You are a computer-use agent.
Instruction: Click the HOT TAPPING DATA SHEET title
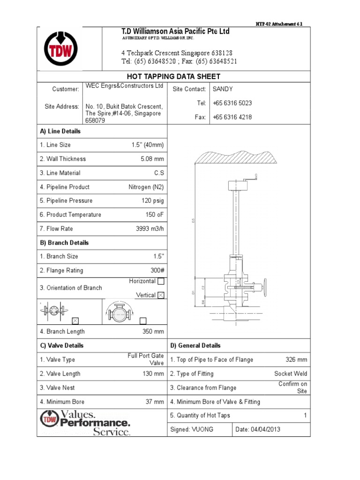point(173,76)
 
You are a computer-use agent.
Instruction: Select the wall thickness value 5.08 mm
point(152,159)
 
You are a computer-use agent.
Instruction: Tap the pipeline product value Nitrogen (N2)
point(146,187)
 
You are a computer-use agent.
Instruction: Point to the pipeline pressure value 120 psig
point(153,201)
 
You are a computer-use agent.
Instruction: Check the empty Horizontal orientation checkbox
point(161,282)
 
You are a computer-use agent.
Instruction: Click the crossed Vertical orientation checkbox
point(161,295)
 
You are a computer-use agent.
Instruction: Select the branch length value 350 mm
point(153,331)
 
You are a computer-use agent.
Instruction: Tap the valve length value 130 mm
point(153,374)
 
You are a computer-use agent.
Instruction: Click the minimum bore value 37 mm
point(155,402)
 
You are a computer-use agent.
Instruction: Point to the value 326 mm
point(296,360)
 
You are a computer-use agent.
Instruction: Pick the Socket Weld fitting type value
point(291,374)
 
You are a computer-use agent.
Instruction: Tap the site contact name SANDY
point(223,89)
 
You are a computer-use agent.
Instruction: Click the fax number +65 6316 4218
point(232,117)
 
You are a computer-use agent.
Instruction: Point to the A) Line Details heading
point(60,131)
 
